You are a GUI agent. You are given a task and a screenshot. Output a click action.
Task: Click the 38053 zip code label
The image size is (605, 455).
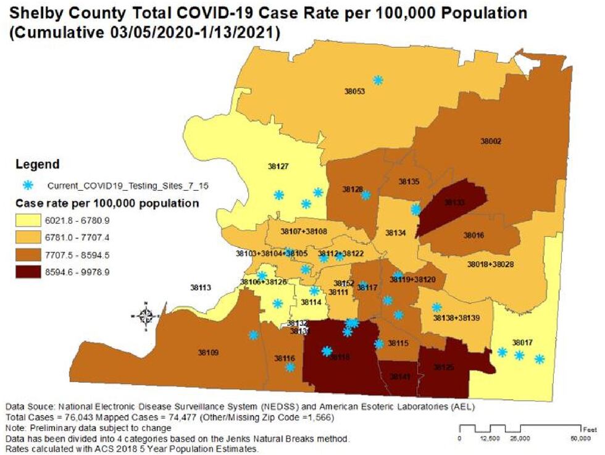tap(354, 91)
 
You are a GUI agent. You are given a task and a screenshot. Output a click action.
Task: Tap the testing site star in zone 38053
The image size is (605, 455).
tap(378, 80)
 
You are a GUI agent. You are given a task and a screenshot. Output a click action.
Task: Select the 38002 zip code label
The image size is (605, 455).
tap(491, 141)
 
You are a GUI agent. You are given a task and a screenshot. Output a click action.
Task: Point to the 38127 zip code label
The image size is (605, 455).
tap(278, 166)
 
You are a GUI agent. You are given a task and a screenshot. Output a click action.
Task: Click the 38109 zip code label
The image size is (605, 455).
tap(209, 353)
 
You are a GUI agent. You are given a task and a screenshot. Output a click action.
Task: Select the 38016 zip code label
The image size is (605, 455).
tap(474, 235)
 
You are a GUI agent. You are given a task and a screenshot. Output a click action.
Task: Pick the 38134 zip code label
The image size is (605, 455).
tap(395, 233)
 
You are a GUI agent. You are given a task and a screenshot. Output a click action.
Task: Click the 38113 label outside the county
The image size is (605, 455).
tap(201, 288)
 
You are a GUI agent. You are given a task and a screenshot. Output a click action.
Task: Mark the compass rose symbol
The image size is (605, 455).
tap(146, 316)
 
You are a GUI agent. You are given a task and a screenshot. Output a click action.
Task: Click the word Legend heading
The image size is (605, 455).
tap(37, 164)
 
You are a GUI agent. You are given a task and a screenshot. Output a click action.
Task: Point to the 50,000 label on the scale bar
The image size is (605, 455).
tap(581, 438)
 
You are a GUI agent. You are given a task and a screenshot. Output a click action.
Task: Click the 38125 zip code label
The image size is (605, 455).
tap(443, 367)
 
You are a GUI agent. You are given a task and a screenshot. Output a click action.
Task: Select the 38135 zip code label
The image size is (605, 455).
tap(409, 182)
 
